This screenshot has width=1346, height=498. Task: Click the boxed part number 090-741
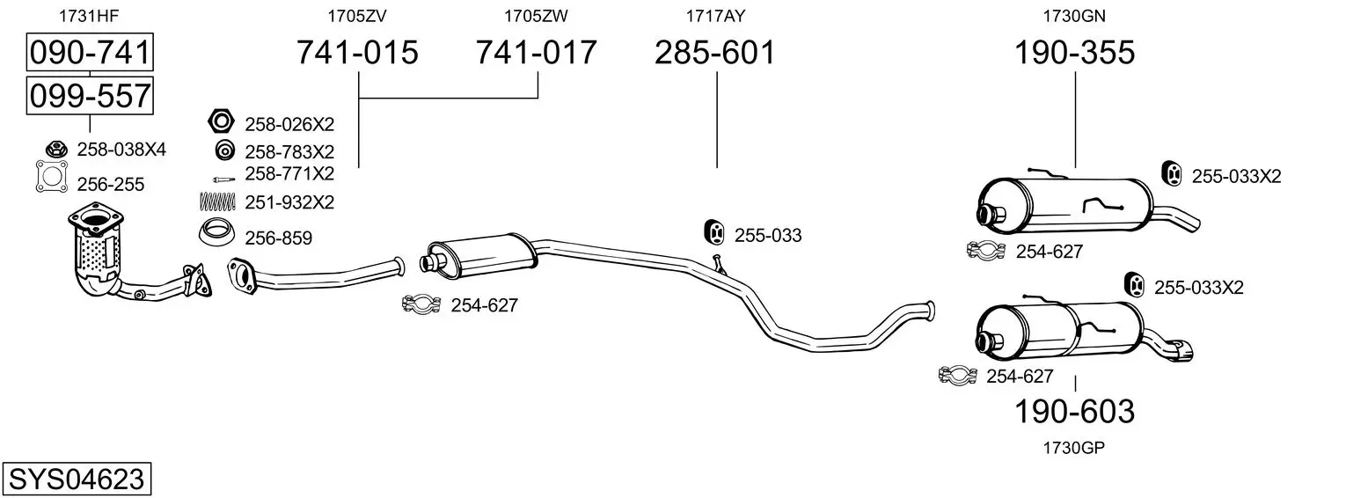click(x=90, y=52)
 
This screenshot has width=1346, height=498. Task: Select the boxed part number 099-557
click(x=90, y=96)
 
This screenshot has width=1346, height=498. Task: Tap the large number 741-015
click(x=357, y=52)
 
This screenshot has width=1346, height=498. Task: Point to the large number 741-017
click(x=537, y=52)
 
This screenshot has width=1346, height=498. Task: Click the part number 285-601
click(x=715, y=52)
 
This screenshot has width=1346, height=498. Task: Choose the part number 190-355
click(x=1074, y=52)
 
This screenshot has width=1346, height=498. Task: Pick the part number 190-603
click(x=1074, y=412)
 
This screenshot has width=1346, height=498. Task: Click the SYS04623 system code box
click(x=77, y=480)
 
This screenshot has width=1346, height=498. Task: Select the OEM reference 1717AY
click(x=715, y=16)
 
